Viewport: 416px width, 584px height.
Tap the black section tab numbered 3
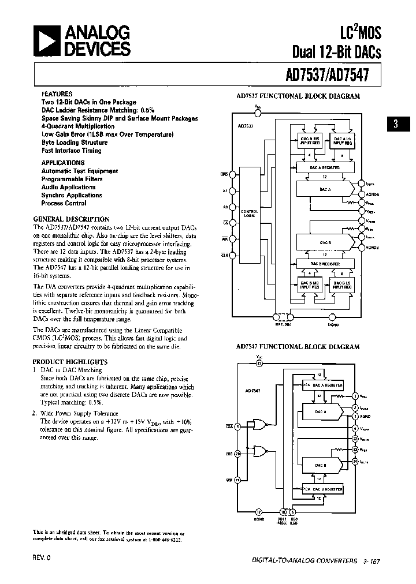click(x=395, y=124)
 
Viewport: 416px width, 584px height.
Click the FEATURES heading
click(x=57, y=93)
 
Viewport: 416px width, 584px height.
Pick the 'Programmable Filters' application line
click(x=72, y=179)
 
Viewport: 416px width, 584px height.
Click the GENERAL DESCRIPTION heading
click(x=71, y=219)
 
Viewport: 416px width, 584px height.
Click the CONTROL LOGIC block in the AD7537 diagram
click(x=249, y=214)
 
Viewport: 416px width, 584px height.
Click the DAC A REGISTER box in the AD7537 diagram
click(x=325, y=167)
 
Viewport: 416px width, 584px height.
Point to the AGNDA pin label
click(x=372, y=195)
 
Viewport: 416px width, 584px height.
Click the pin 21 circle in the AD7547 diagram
click(x=259, y=363)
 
